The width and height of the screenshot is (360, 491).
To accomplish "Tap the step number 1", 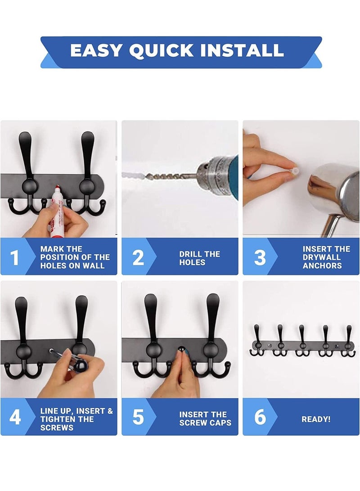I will point(15,257).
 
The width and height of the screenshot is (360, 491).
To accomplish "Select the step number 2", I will point(138,257).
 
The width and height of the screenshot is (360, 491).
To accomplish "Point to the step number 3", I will point(260,257).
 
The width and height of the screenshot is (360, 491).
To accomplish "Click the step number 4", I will point(15,418).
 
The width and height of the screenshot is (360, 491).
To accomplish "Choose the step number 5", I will point(138,418).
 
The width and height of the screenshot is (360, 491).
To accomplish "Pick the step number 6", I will point(260,418).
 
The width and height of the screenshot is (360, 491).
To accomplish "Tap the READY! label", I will point(316,419).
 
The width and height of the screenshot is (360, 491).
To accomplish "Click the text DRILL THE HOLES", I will point(199,258).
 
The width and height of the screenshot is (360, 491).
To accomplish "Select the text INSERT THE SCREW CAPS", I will point(205,419).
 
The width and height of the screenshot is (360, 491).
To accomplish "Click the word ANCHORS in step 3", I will point(322,266).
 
